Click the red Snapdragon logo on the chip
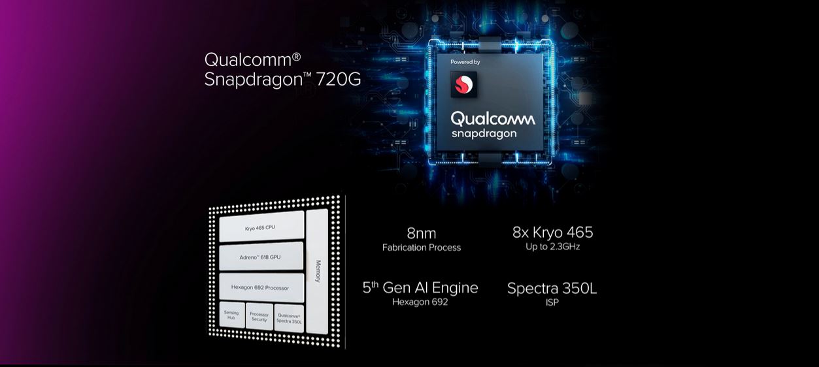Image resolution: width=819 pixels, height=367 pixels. (463, 84)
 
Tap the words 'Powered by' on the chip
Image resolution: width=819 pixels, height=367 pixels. (465, 62)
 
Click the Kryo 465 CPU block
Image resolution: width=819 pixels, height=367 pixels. (261, 227)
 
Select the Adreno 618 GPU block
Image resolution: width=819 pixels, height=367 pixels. (261, 257)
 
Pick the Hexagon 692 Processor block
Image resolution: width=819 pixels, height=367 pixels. (261, 287)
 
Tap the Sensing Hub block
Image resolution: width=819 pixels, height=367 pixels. (232, 315)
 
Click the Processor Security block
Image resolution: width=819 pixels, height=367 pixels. (259, 317)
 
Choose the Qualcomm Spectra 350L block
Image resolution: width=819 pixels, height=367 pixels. (289, 319)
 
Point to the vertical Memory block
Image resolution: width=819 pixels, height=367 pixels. (317, 271)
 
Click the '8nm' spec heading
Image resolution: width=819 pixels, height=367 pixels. (421, 233)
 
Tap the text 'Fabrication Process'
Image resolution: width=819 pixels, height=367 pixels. (421, 247)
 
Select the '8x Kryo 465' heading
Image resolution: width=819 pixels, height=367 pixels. (552, 232)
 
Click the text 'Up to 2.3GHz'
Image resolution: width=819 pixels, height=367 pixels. (552, 247)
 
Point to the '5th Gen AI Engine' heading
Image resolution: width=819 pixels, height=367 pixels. (420, 288)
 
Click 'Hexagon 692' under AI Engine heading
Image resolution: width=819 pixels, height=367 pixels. (420, 302)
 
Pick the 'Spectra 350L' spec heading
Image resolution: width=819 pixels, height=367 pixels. (552, 289)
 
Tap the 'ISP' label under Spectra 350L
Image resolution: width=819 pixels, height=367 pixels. (552, 302)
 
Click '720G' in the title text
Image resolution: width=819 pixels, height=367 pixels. (338, 79)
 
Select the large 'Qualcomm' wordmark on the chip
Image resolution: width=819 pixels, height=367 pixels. (493, 119)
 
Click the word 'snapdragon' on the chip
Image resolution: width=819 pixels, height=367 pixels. (484, 134)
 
